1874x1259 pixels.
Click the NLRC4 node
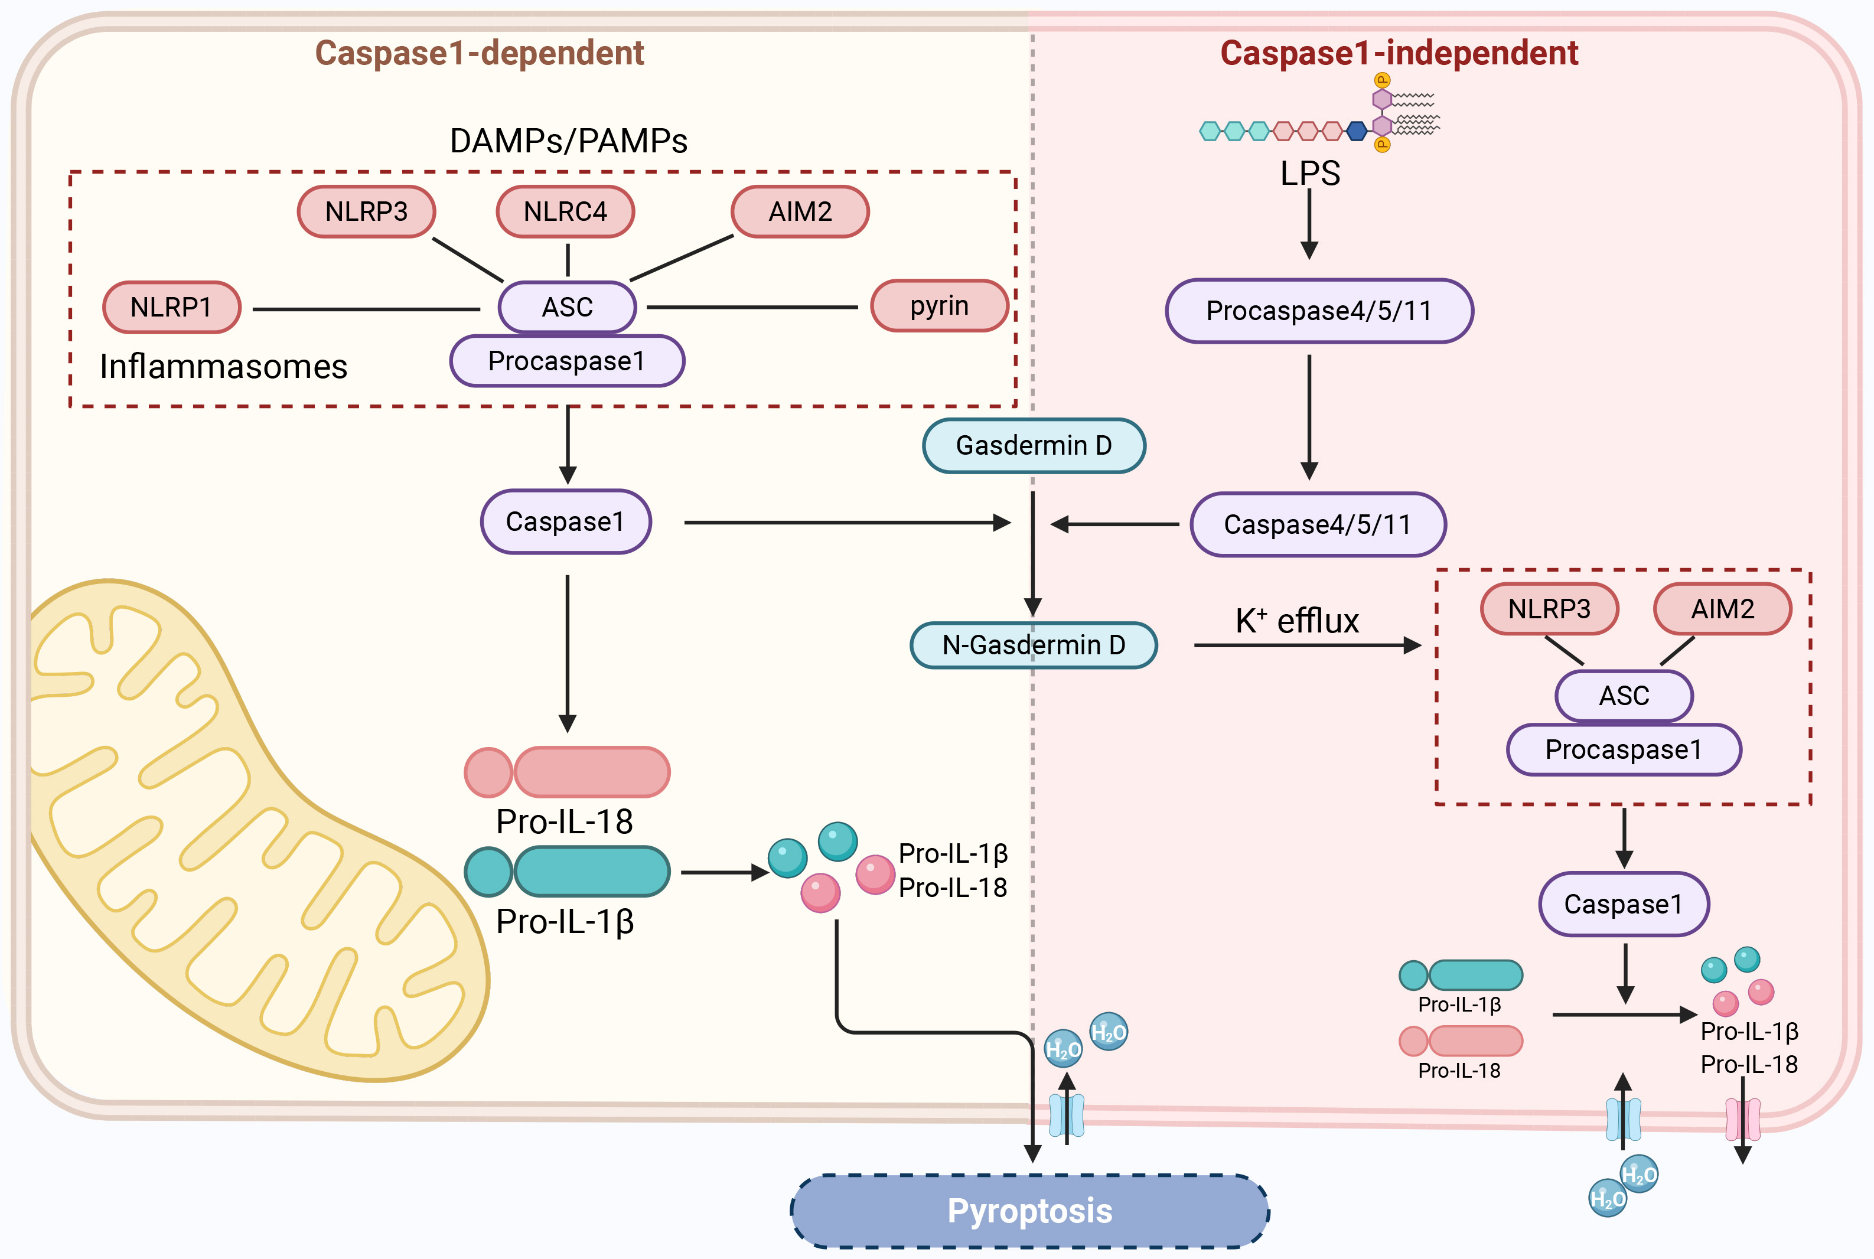click(x=565, y=212)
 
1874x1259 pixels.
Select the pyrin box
click(x=940, y=306)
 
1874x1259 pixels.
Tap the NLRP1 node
click(x=172, y=306)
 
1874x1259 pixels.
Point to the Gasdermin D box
click(x=1034, y=446)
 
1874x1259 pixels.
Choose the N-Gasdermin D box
click(x=1034, y=645)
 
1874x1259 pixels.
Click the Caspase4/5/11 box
click(x=1318, y=524)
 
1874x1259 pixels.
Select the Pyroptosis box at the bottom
click(x=1029, y=1211)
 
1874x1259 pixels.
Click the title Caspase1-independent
click(x=1399, y=53)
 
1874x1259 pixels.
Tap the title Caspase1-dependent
click(x=480, y=53)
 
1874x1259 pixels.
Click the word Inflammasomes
click(x=223, y=367)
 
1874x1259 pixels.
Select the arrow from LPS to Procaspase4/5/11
click(x=1309, y=225)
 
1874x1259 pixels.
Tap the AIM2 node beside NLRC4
click(x=800, y=212)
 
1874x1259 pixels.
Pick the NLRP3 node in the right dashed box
click(x=1549, y=609)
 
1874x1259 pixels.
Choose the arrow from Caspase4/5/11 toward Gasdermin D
click(x=1116, y=524)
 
